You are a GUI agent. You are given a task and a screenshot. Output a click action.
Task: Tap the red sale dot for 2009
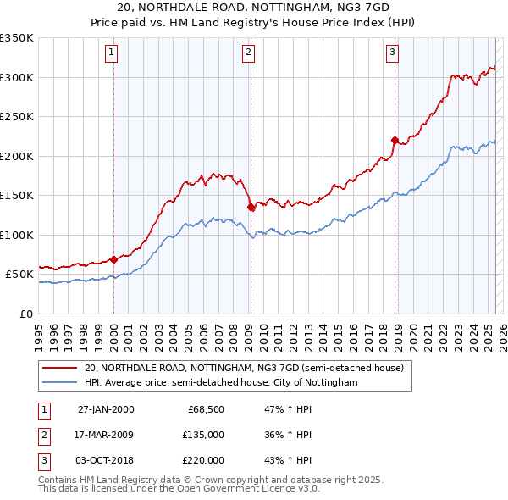point(251,207)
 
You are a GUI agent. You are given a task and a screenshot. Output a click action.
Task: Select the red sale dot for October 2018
point(395,140)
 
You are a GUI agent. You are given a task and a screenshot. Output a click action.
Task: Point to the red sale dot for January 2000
point(114,259)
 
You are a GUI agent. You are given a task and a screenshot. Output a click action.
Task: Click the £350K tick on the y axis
point(16,38)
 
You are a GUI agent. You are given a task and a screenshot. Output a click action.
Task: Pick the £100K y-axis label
point(16,235)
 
